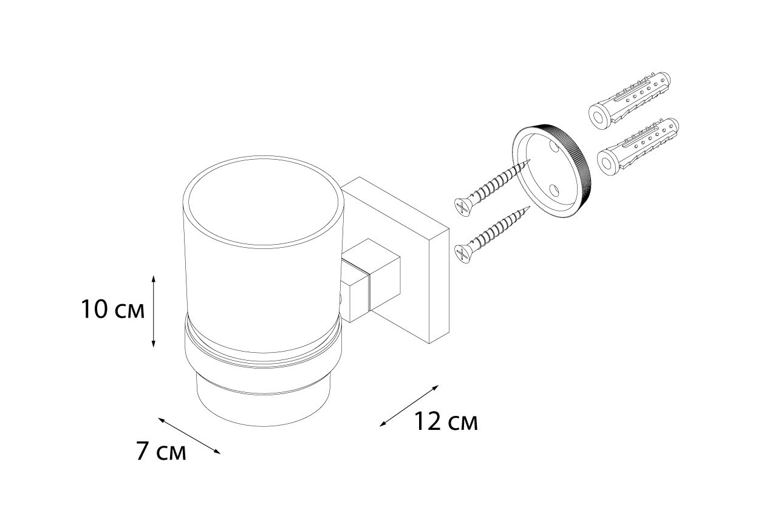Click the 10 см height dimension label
click(113, 310)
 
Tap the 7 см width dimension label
click(161, 451)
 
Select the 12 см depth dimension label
click(446, 422)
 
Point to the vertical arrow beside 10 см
click(153, 311)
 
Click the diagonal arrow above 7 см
click(189, 435)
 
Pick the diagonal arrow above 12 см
click(409, 406)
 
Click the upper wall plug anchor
click(629, 100)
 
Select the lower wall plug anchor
click(638, 146)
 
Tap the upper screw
click(493, 188)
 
